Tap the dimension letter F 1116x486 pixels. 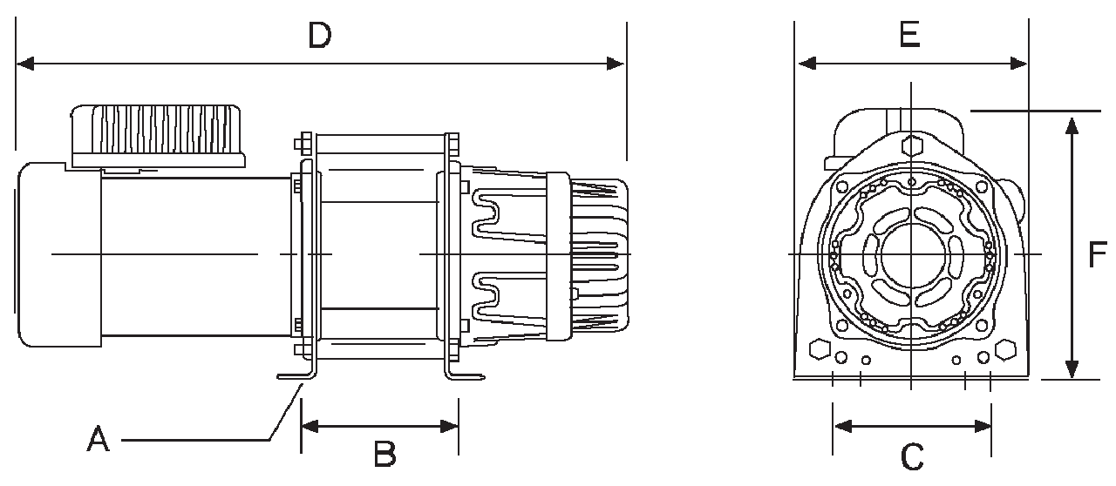1097,253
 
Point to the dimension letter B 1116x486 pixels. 384,453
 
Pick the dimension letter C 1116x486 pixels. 911,455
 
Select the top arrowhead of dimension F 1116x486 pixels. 1072,123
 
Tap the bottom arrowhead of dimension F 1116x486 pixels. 1072,369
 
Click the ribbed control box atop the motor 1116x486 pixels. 157,135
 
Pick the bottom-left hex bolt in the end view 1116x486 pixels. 819,349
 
